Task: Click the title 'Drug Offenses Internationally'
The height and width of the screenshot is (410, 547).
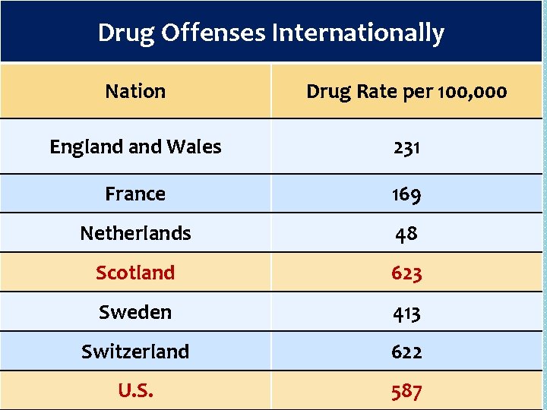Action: pyautogui.click(x=271, y=33)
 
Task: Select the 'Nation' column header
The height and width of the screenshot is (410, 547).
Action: pyautogui.click(x=135, y=91)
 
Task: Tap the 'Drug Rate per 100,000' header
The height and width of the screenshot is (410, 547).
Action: pyautogui.click(x=406, y=91)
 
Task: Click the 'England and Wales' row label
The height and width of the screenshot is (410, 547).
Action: pyautogui.click(x=135, y=147)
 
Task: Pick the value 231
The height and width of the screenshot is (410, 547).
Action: pyautogui.click(x=406, y=147)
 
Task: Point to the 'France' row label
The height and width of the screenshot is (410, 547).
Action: pyautogui.click(x=135, y=194)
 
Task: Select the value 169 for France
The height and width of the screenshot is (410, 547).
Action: pyautogui.click(x=406, y=194)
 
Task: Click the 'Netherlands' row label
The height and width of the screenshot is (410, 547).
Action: pyautogui.click(x=135, y=233)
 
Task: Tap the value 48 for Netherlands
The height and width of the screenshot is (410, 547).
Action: pyautogui.click(x=406, y=234)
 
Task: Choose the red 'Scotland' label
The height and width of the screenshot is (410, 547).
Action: pyautogui.click(x=135, y=273)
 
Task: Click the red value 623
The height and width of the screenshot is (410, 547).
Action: pyautogui.click(x=406, y=273)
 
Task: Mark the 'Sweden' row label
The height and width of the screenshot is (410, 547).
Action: pyautogui.click(x=135, y=312)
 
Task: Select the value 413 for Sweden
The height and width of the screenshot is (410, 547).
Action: pyautogui.click(x=406, y=313)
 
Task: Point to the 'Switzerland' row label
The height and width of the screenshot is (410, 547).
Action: pyautogui.click(x=135, y=352)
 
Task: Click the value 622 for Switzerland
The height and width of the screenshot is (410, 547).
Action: pyautogui.click(x=406, y=352)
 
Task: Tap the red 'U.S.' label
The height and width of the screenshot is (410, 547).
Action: pyautogui.click(x=135, y=391)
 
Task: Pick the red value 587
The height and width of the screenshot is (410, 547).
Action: pyautogui.click(x=406, y=392)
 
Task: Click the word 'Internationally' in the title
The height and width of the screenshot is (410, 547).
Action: pyautogui.click(x=358, y=33)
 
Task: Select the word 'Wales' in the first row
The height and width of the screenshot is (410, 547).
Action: pyautogui.click(x=194, y=147)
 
